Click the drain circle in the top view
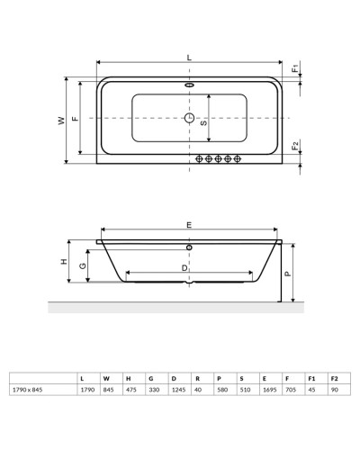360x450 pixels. pyautogui.click(x=190, y=118)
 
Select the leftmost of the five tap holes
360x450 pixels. pyautogui.click(x=197, y=158)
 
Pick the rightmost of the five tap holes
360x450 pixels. pyautogui.click(x=238, y=158)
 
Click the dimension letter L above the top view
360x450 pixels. pyautogui.click(x=189, y=58)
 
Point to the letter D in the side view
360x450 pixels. pyautogui.click(x=184, y=267)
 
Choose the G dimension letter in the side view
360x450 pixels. pyautogui.click(x=82, y=265)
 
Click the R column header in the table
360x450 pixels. pyautogui.click(x=196, y=378)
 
